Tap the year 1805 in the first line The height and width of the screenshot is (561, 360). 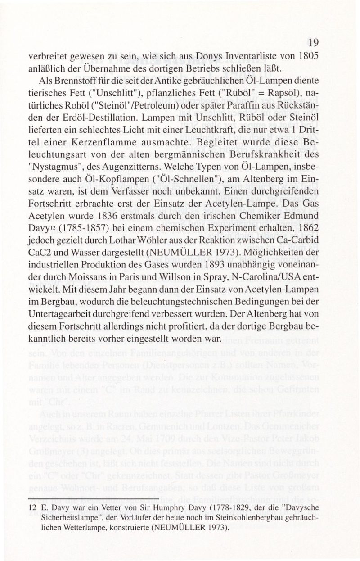[x=319, y=58]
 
